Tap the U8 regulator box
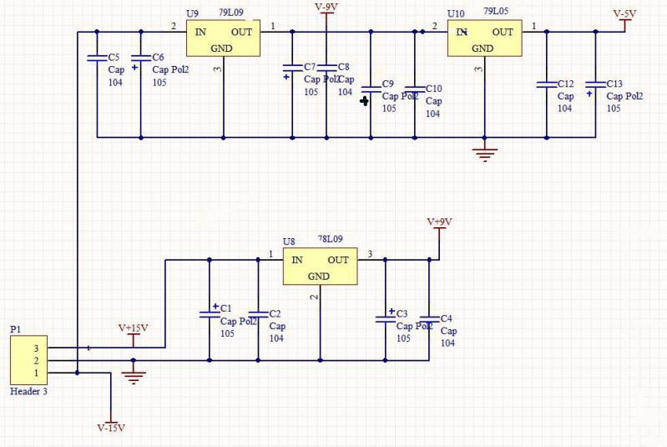pos(320,267)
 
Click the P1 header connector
pos(29,360)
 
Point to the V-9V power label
pos(326,8)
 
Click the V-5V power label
pos(624,13)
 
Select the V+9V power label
pos(439,222)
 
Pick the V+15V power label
pos(133,328)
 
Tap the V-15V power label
pos(111,428)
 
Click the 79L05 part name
pos(496,12)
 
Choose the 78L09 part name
pos(330,239)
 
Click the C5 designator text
pos(114,57)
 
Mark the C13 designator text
pos(614,84)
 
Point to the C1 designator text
pos(226,308)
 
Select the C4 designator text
pos(447,318)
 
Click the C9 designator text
pos(387,84)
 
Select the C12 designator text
pos(565,84)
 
